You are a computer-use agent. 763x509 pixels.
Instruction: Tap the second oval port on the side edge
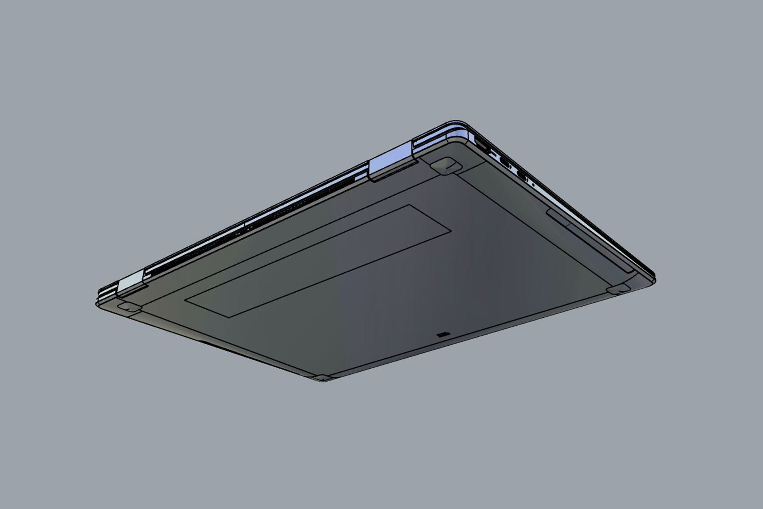pyautogui.click(x=522, y=174)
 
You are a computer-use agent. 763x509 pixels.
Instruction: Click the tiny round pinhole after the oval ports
pyautogui.click(x=533, y=185)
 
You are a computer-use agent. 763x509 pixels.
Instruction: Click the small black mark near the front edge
pyautogui.click(x=442, y=336)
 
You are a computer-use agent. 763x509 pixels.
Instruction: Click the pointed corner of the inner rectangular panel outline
pyautogui.click(x=451, y=230)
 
